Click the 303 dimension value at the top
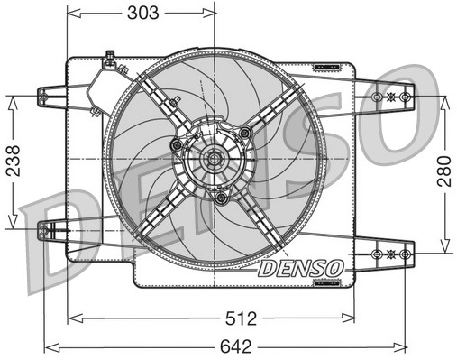(142, 13)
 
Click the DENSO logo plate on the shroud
(300, 268)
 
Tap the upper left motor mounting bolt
(178, 144)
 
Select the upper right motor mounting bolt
(244, 134)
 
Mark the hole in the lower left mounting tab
(44, 234)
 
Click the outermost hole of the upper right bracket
(406, 95)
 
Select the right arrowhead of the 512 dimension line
(351, 318)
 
